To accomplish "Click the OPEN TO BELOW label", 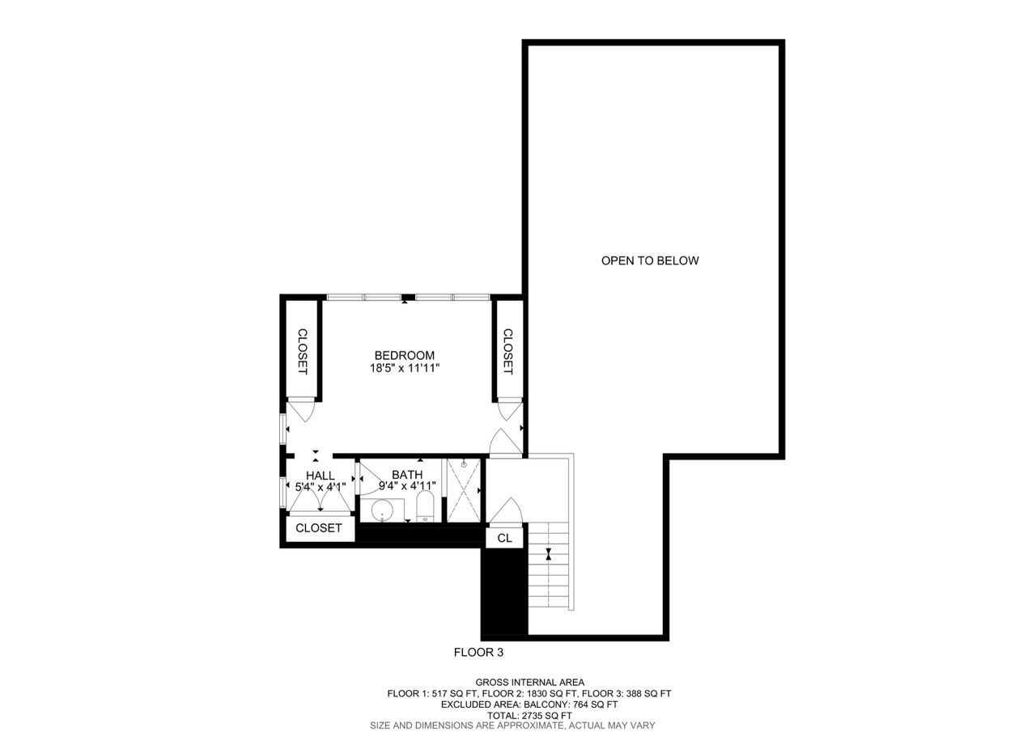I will pos(650,260).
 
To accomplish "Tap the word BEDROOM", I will pos(404,355).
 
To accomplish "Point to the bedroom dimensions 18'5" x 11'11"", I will pos(404,368).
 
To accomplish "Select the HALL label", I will pos(320,476).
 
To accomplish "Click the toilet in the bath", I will pos(425,508).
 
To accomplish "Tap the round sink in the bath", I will pos(381,511).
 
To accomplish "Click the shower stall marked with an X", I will pos(463,490).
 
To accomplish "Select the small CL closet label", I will pos(504,538).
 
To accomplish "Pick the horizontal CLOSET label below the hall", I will pos(319,528).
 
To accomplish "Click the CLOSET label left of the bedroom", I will pos(302,351).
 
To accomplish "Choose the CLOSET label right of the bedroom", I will pos(507,351).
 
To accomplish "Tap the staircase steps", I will pos(550,566).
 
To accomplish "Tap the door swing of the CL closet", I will pos(507,511).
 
